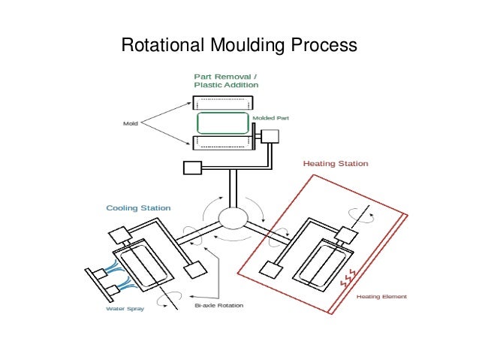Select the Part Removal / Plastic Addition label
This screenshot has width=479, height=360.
226,80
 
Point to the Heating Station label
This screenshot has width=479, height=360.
335,162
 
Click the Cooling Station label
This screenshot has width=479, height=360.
138,207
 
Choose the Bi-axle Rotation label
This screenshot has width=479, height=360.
218,306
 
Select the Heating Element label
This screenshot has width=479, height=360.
381,297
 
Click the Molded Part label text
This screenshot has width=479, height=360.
270,118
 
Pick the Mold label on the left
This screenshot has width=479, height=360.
130,123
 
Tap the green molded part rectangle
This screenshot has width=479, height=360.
222,123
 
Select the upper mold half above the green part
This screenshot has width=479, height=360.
221,103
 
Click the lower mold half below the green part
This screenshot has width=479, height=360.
221,142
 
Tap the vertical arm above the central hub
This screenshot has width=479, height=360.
233,188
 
